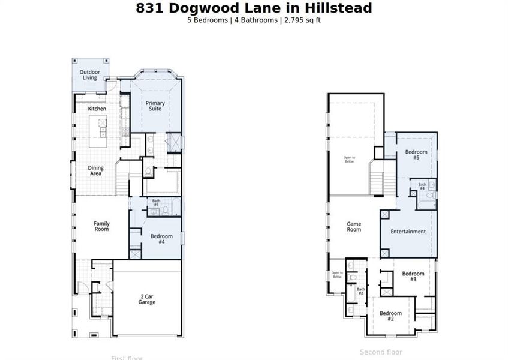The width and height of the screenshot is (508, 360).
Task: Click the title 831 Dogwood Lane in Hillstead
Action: tap(254, 8)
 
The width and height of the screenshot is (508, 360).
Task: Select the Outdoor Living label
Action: tap(89, 75)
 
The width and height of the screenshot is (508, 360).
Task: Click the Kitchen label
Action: tap(97, 109)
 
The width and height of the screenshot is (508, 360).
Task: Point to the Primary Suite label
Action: tap(155, 106)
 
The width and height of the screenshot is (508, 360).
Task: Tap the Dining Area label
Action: tap(95, 171)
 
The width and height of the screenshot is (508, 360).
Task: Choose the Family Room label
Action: tap(101, 226)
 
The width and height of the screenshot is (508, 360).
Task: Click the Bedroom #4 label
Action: tap(161, 239)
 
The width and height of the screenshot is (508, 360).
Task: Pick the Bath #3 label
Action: tap(156, 203)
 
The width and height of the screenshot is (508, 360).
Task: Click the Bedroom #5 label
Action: tap(416, 155)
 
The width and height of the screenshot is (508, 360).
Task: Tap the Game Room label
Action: tap(354, 227)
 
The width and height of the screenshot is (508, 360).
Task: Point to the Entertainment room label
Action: tap(408, 232)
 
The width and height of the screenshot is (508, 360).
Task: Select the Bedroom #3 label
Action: tap(413, 277)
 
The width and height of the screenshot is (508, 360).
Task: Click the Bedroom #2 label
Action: tap(390, 316)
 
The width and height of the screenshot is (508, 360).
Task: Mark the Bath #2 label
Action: tap(361, 292)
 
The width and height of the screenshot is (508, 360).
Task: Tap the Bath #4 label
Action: tap(422, 187)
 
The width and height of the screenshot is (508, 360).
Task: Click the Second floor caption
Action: tap(381, 352)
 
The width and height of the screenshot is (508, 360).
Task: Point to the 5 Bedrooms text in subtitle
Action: tap(208, 20)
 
